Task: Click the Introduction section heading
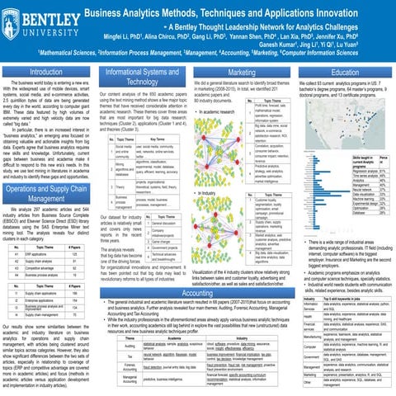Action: click(x=50, y=73)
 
